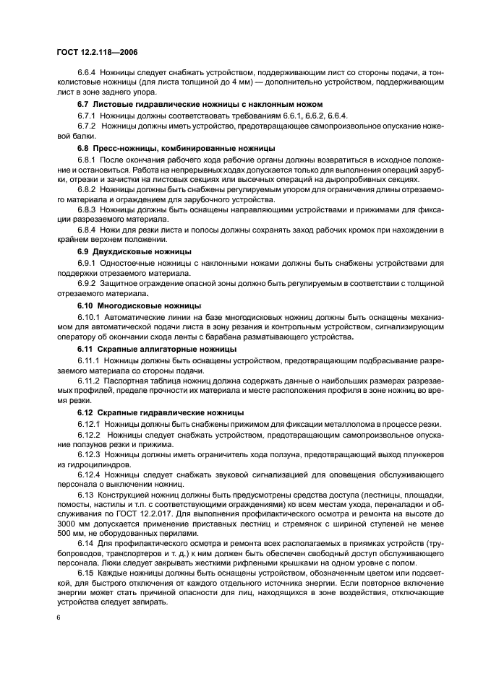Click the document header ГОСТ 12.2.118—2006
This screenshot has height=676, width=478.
point(97,53)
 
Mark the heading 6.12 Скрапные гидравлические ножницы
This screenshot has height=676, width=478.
point(161,412)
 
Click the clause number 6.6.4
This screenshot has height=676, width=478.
point(88,73)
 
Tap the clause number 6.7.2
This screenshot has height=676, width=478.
point(88,126)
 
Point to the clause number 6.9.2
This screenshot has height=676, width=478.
point(88,283)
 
